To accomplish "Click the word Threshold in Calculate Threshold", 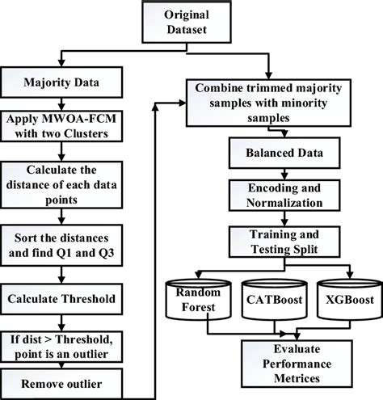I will point(90,297).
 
